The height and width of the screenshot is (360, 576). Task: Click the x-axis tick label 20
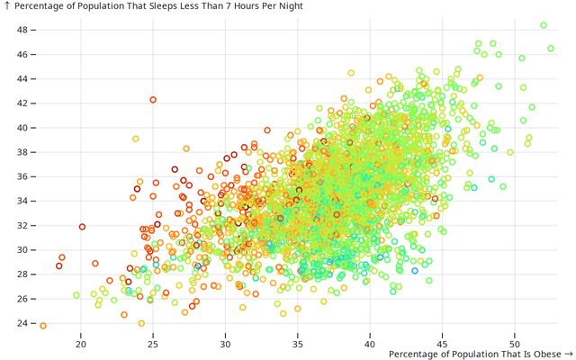click(x=81, y=344)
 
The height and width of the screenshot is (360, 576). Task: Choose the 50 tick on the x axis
click(x=514, y=344)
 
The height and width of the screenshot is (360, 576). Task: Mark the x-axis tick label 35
click(x=298, y=344)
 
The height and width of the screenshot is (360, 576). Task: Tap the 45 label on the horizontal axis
click(x=442, y=344)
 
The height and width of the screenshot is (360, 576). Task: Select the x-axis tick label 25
click(x=153, y=344)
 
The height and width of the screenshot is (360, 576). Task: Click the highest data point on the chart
click(x=544, y=25)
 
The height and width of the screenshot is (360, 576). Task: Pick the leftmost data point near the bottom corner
click(x=42, y=326)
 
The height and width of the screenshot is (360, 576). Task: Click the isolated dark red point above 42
click(x=153, y=99)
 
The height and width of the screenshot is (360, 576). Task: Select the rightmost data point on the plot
click(x=551, y=49)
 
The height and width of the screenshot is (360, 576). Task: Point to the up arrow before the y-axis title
click(x=7, y=5)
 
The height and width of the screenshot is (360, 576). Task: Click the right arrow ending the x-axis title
click(x=568, y=355)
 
